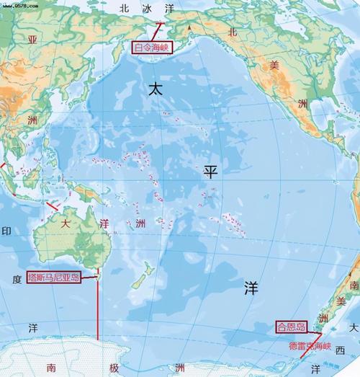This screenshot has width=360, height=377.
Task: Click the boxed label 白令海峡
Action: point(153,48)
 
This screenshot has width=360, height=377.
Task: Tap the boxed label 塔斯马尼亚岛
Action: point(54,277)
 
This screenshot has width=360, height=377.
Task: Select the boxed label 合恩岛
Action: point(291,327)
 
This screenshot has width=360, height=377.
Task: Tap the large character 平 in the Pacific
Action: point(210,171)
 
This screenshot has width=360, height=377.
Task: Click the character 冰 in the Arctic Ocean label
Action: point(148,9)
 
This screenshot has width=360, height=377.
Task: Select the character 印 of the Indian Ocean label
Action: point(7,231)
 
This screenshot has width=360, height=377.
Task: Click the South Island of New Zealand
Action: point(137,285)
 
